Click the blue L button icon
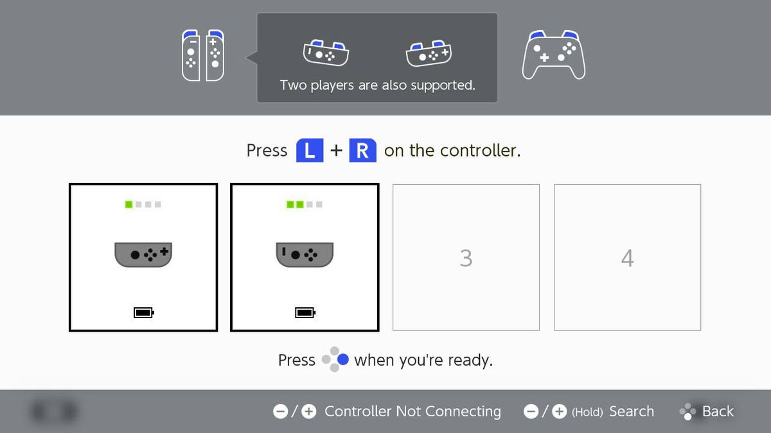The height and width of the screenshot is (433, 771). point(309,151)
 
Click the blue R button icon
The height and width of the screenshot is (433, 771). point(362,151)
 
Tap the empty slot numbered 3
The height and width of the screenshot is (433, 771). point(466,258)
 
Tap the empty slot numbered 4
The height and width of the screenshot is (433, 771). point(627,258)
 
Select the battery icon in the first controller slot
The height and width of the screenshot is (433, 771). point(143,312)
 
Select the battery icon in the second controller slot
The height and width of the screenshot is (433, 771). point(305,312)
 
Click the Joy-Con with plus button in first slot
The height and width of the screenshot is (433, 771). point(143,254)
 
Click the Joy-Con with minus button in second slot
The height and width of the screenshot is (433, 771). point(305,254)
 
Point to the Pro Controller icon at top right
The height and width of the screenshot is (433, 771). point(553,55)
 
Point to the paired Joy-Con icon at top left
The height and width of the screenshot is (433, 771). point(202,55)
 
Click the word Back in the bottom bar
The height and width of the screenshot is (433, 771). point(718,411)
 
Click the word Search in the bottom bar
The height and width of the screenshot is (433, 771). point(631,411)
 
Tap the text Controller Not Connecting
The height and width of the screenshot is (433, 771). point(412,411)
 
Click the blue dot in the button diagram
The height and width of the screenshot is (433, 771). point(343,360)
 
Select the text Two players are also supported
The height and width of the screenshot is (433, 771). point(377,85)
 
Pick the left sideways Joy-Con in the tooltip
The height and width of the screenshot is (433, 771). point(326,53)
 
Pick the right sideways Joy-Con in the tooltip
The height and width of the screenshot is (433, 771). point(429,53)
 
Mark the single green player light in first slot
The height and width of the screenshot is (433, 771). point(128,205)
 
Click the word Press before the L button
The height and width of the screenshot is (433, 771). point(267,151)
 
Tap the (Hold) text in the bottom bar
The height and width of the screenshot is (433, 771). point(587,412)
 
